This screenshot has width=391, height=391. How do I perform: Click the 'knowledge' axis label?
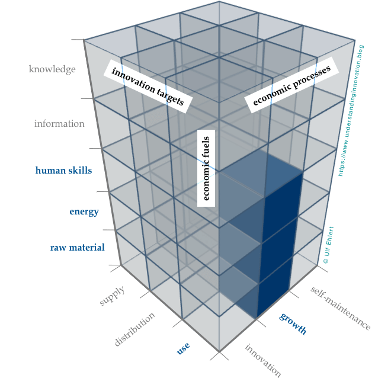[52, 69]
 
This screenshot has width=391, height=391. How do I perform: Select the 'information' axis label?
[59, 124]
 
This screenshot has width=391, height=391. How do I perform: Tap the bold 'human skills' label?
[64, 171]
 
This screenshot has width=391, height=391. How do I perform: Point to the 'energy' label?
[84, 211]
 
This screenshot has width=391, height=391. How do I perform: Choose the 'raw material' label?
[77, 247]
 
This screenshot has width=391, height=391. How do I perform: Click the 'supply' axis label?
[113, 295]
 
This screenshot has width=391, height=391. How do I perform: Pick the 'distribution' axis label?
[136, 329]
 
